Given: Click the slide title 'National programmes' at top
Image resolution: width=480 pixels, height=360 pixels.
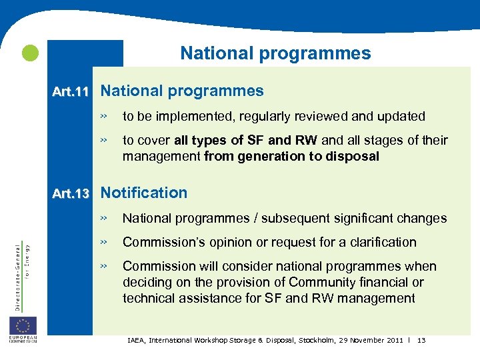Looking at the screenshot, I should [x=275, y=53].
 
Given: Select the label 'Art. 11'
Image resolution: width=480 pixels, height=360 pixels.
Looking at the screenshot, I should [x=71, y=92].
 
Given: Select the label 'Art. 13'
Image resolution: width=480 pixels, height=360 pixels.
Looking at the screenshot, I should [x=71, y=194].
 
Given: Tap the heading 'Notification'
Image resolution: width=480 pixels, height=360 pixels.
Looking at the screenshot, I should [x=144, y=193].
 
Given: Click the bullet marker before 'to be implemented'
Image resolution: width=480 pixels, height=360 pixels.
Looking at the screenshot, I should [x=103, y=117].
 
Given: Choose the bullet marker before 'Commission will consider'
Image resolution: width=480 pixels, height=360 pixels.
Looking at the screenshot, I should [x=103, y=266].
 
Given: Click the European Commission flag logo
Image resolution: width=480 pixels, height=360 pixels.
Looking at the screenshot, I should [x=23, y=326].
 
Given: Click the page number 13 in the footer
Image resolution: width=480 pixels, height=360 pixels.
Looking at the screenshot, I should [x=421, y=341].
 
